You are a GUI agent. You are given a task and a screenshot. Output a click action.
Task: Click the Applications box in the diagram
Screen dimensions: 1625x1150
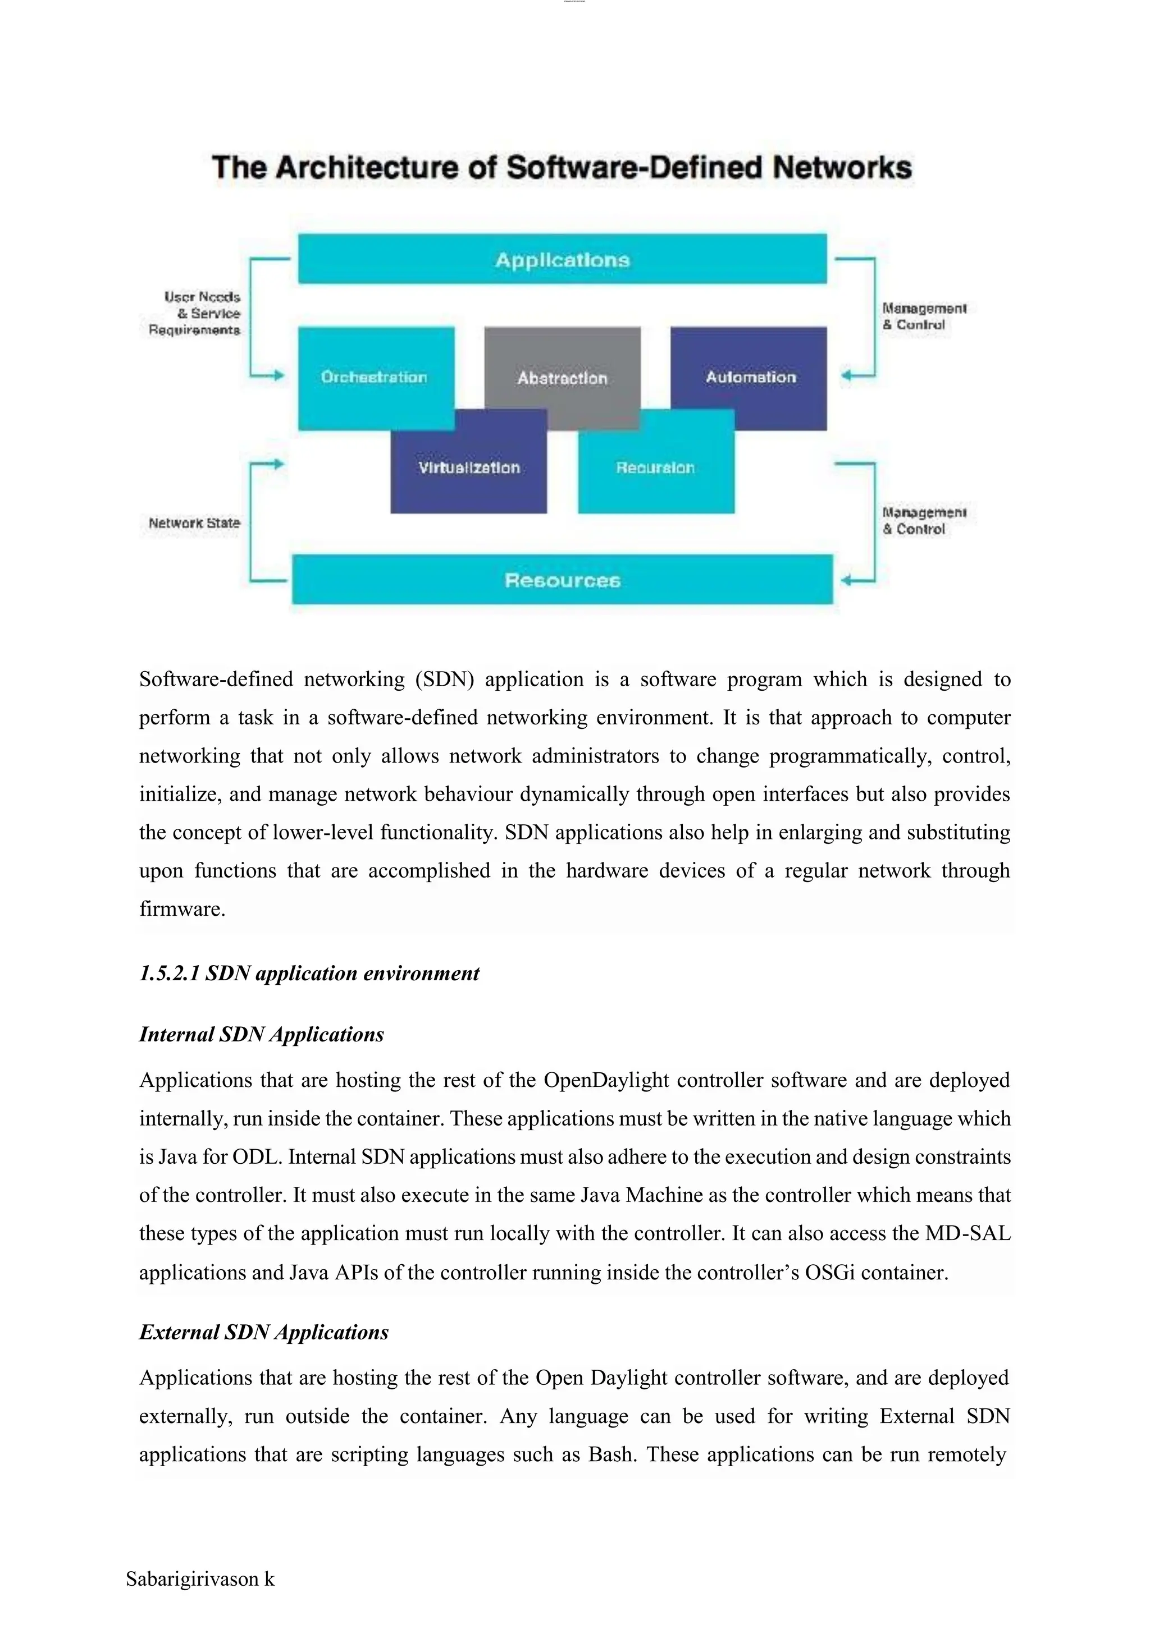coord(562,259)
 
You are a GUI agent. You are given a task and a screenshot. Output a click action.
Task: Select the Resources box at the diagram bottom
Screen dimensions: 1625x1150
coord(562,580)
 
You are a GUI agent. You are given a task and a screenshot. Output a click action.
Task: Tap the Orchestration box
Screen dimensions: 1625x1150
coord(375,377)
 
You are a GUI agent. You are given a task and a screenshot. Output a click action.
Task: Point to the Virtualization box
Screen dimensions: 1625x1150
coord(469,467)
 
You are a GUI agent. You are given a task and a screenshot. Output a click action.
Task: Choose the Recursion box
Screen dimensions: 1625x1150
coord(656,467)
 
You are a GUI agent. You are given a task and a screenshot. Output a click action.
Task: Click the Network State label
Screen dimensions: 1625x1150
coord(194,523)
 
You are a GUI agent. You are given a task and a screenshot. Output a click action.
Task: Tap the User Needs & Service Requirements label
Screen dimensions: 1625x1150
coord(195,314)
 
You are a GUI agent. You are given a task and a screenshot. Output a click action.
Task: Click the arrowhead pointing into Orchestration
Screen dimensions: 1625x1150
coord(279,375)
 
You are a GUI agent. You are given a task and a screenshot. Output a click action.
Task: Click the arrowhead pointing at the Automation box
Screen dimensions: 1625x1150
coord(846,375)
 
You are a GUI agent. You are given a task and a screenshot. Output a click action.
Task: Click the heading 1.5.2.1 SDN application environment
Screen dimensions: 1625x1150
coord(309,973)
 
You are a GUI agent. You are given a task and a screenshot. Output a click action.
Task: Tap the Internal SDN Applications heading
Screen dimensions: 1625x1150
coord(261,1034)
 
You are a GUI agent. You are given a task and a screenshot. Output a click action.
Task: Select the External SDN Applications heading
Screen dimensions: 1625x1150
coord(263,1332)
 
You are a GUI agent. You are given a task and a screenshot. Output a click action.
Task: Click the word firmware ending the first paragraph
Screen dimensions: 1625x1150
coord(181,909)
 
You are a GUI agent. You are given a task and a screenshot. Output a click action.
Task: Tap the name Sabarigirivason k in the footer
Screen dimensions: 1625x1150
coord(200,1579)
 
